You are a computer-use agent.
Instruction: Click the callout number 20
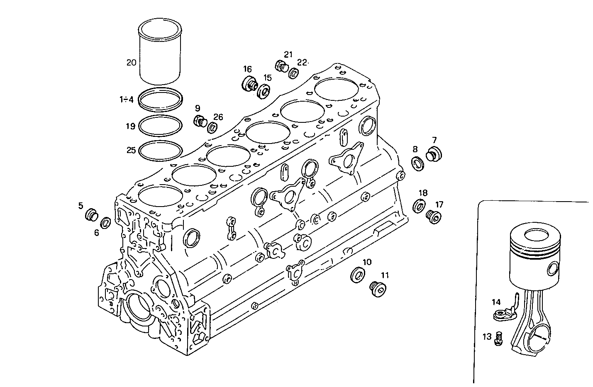131,63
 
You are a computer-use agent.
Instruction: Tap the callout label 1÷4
126,100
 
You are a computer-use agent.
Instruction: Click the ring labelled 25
160,150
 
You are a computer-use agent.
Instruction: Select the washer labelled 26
212,127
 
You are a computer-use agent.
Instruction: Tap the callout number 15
267,78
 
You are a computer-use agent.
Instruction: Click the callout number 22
302,63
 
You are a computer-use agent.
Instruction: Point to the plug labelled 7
434,154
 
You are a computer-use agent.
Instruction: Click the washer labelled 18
420,206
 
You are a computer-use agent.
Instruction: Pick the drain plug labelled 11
378,288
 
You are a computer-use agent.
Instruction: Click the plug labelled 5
91,215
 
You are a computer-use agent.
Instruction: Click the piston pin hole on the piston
552,269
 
